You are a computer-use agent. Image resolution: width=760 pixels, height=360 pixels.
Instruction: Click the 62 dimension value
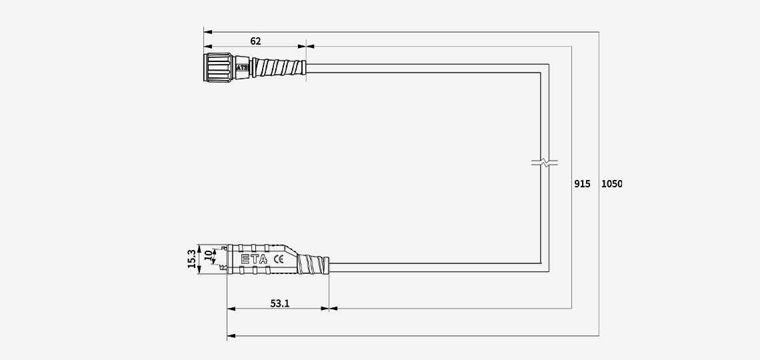click(255, 41)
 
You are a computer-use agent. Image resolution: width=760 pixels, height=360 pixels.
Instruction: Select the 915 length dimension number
click(582, 183)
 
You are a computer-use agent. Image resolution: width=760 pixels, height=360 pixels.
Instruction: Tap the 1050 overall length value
click(611, 183)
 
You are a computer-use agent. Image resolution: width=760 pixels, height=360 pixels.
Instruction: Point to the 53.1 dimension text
click(279, 303)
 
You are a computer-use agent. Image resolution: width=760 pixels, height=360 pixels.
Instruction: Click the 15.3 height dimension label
click(192, 259)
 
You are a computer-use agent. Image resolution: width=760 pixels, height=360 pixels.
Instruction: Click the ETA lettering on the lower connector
click(253, 259)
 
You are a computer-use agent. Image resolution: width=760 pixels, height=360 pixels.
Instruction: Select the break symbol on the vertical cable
click(545, 162)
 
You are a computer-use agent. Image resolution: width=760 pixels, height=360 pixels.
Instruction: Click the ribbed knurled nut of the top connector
click(219, 67)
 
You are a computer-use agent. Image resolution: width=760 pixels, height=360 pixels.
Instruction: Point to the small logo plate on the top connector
click(242, 67)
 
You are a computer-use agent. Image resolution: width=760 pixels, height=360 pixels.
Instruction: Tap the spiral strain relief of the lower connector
click(313, 265)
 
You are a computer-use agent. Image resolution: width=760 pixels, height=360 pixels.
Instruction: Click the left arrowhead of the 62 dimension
click(208, 47)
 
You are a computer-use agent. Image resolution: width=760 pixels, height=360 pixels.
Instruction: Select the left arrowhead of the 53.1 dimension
click(231, 309)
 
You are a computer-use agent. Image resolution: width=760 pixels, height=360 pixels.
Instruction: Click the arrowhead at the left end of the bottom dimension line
click(231, 336)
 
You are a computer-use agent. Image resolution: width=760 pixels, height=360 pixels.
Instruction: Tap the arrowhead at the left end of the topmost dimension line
click(207, 31)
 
